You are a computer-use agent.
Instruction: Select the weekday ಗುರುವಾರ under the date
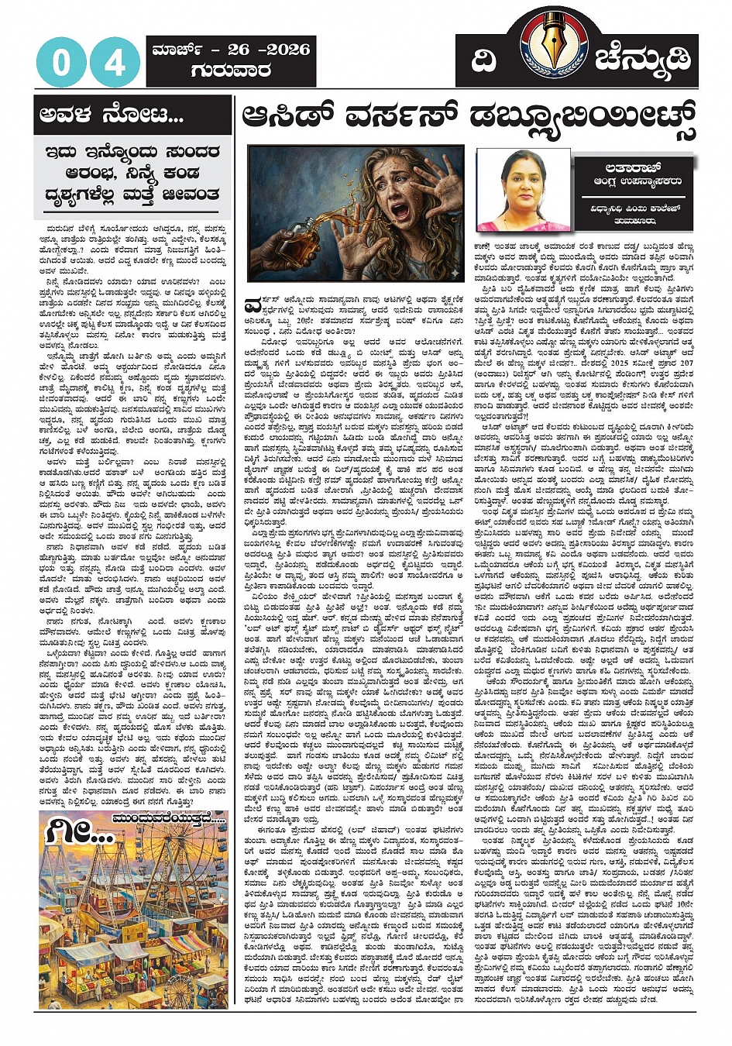(x=230, y=71)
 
